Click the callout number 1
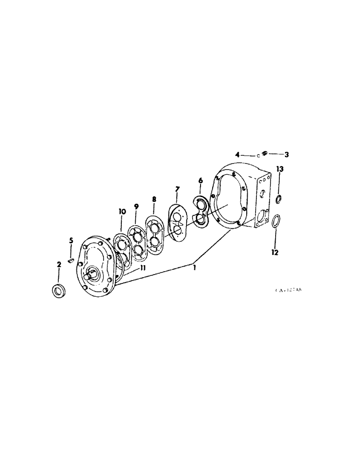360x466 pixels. (x=195, y=268)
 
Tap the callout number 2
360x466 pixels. (x=59, y=265)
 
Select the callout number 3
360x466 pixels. (x=287, y=154)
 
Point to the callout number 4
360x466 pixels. (x=237, y=154)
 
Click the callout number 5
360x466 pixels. (x=71, y=240)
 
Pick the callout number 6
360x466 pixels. (x=201, y=180)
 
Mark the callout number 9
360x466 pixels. (x=136, y=206)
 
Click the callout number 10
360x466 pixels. (x=123, y=212)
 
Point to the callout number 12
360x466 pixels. (x=275, y=252)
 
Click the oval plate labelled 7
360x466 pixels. (x=178, y=223)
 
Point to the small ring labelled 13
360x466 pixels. (x=278, y=199)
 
